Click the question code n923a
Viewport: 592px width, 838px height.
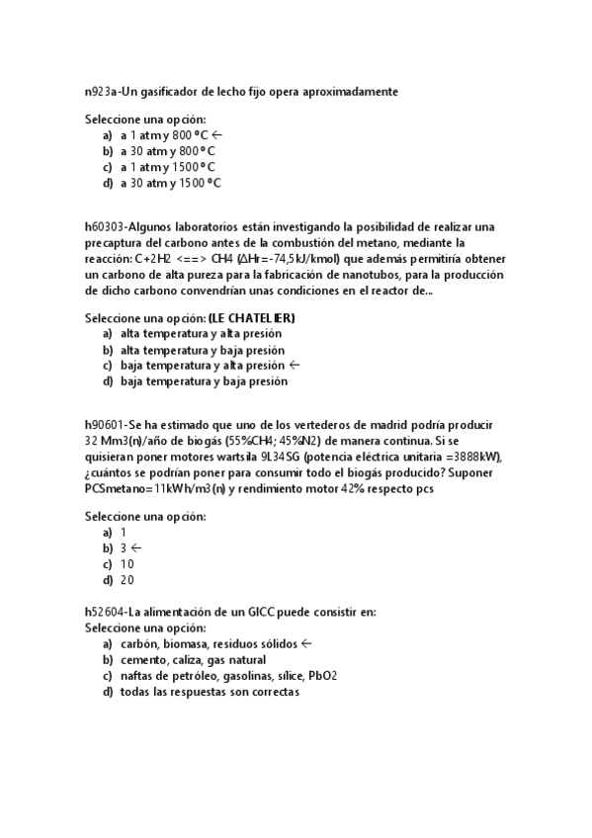click(x=100, y=92)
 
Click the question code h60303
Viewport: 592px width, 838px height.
click(x=106, y=224)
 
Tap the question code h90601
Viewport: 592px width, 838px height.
click(x=106, y=424)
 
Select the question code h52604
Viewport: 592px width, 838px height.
click(x=106, y=612)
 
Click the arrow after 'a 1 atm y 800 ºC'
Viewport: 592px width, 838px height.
click(x=217, y=135)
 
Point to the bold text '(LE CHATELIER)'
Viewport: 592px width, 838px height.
click(x=251, y=318)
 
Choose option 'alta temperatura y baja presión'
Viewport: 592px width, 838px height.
click(x=201, y=350)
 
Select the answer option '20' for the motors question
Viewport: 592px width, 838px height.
click(x=127, y=580)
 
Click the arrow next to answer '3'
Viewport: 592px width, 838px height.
click(x=135, y=547)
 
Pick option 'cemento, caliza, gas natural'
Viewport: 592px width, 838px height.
click(x=193, y=660)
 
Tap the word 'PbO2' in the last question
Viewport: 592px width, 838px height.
click(x=323, y=676)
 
